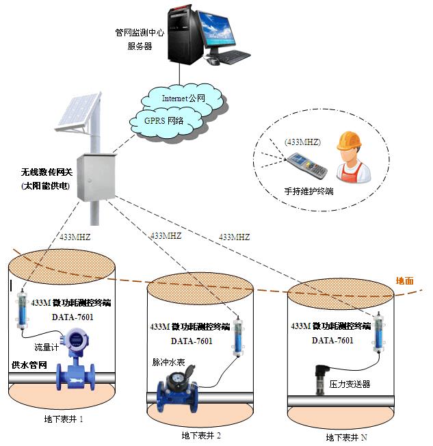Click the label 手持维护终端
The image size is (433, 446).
click(x=309, y=191)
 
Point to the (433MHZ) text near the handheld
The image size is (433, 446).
click(x=298, y=143)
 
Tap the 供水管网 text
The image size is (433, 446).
click(x=29, y=365)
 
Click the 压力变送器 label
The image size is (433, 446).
click(x=350, y=384)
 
